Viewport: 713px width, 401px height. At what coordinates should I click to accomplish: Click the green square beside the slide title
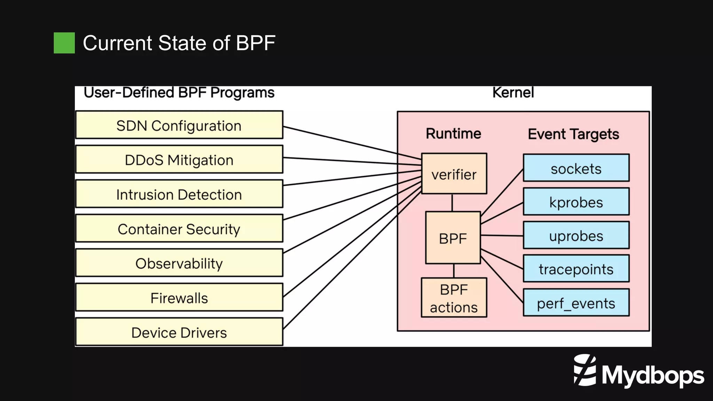tap(64, 43)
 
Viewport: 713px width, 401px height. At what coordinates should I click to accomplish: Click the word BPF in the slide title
tap(256, 43)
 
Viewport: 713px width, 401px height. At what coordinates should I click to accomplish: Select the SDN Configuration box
tap(179, 125)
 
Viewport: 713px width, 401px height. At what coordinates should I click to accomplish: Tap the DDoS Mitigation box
tap(179, 159)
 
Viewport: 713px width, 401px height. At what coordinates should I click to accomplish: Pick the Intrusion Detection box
tap(179, 194)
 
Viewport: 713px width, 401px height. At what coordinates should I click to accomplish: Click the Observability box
tap(179, 263)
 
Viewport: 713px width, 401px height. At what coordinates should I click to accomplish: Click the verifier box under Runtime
tap(454, 174)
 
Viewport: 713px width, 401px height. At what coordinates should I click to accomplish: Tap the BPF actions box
tap(454, 298)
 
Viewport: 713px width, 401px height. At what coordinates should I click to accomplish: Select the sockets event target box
tap(576, 168)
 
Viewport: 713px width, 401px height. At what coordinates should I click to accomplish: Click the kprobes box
tap(576, 202)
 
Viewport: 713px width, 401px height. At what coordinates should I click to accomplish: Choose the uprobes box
tap(576, 235)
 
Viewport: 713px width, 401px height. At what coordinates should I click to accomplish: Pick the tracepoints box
tap(576, 269)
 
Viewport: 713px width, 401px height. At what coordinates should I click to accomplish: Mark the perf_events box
tap(576, 302)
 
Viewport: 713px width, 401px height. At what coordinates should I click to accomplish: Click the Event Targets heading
tap(573, 134)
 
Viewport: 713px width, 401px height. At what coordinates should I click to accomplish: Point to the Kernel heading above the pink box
tap(512, 93)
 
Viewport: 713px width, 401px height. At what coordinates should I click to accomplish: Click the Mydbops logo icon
tap(585, 370)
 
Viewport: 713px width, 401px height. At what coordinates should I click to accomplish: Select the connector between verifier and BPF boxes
tap(452, 203)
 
